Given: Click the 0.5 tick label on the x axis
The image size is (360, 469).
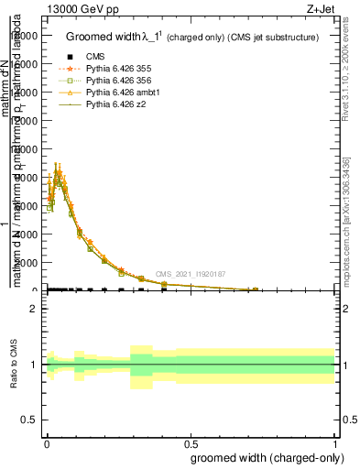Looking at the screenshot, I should click(190, 441).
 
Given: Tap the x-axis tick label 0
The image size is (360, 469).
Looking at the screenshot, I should click(46, 441).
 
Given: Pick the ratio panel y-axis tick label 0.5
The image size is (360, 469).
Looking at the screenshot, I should click(28, 420).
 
